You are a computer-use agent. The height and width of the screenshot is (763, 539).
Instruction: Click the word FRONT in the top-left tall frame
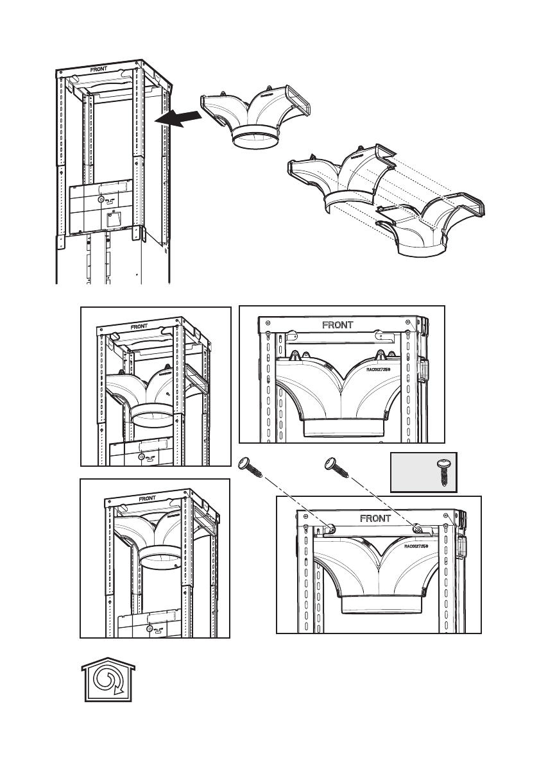point(99,69)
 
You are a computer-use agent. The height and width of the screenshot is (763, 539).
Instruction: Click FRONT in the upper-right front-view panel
point(338,325)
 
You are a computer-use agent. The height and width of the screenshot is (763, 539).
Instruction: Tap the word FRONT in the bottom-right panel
point(375,517)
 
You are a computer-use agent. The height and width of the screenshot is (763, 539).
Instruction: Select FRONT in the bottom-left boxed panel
point(147,498)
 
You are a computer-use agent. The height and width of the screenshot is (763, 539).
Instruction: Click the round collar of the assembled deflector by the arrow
point(255,140)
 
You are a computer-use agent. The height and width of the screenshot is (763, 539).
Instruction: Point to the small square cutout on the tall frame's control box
point(115,222)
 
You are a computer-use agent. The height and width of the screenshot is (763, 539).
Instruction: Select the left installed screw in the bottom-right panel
point(330,528)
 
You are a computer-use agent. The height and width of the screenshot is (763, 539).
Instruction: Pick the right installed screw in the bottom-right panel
point(417,528)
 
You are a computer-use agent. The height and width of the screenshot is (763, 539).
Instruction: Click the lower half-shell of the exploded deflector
point(430,224)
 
